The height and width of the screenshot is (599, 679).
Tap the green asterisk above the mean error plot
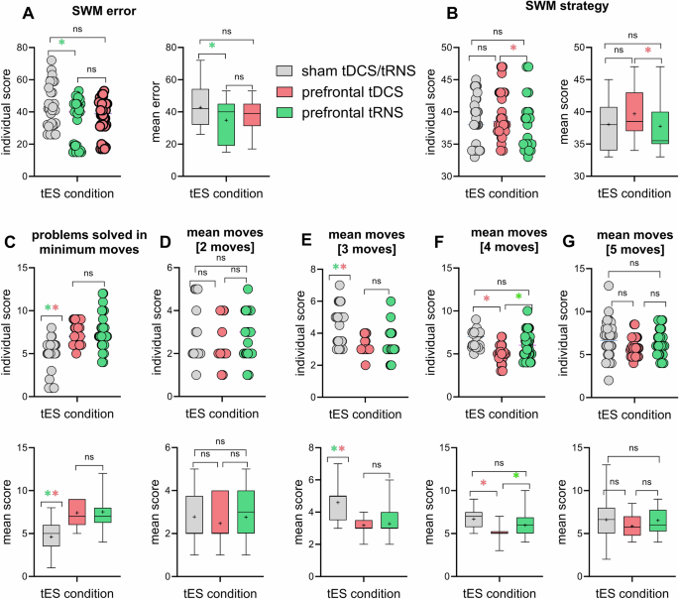point(212,46)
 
